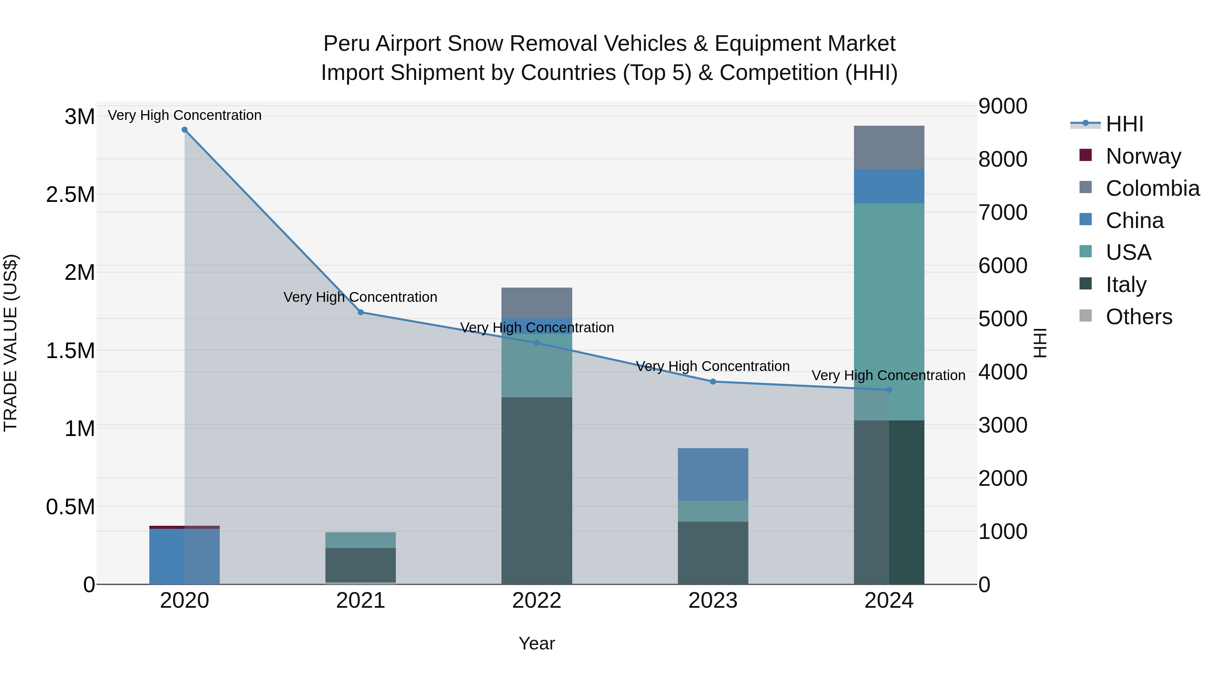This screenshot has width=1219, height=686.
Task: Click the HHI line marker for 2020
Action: (185, 130)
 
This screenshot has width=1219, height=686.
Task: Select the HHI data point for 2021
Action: (361, 312)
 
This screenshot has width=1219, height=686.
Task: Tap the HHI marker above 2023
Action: (713, 381)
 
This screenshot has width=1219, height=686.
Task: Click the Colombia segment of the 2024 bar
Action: (889, 147)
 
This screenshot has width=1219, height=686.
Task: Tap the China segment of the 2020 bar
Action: (185, 556)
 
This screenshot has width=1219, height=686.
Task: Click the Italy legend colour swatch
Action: (1086, 284)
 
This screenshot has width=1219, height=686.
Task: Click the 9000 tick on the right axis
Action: (1003, 106)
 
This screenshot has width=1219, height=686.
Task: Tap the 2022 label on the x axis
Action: (537, 601)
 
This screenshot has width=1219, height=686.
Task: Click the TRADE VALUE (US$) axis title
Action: (11, 343)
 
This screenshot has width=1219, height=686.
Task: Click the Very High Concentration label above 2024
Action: (888, 375)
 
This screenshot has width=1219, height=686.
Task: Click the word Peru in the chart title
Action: (346, 44)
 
